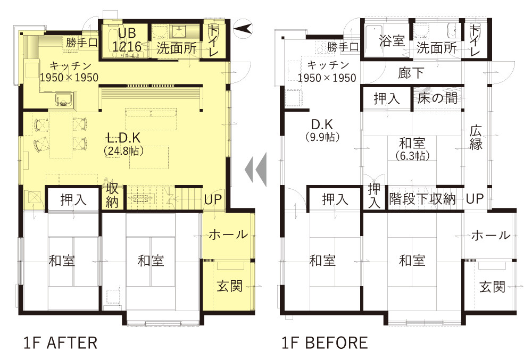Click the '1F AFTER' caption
coord(61,342)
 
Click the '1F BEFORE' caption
coord(325,342)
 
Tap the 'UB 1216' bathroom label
coord(127,40)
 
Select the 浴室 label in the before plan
coord(392,41)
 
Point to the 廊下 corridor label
coord(411,73)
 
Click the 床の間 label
coord(437,98)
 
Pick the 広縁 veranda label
coord(476,138)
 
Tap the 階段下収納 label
coord(422,199)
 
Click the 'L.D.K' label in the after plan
coord(123,138)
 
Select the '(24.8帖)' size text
coord(123,150)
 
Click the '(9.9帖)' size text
coord(322,137)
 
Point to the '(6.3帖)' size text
coord(413,156)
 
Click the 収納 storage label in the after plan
coord(112,195)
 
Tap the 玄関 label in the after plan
coord(230,286)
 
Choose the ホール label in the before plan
coord(491,235)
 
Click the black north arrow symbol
coord(244,28)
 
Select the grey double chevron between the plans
coord(255,169)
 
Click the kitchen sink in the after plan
coord(64,98)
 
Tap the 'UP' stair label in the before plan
coord(475,199)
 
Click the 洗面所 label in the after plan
coord(177,48)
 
